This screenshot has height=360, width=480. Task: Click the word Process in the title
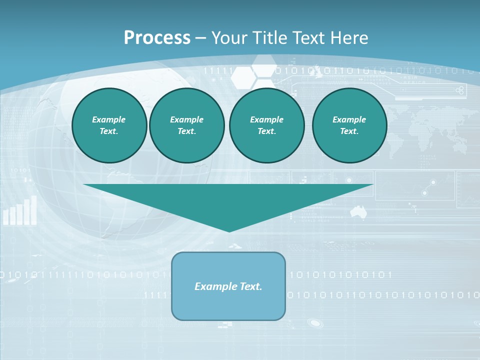pos(157,38)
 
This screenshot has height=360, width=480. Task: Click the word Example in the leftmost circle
pos(109,119)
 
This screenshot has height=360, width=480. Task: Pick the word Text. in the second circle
pos(187,131)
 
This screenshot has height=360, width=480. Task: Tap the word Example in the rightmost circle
pos(349,119)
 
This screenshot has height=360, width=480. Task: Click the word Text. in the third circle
pos(267,131)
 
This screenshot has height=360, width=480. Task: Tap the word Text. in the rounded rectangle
pos(251,286)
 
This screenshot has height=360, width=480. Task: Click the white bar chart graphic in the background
pos(20,211)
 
